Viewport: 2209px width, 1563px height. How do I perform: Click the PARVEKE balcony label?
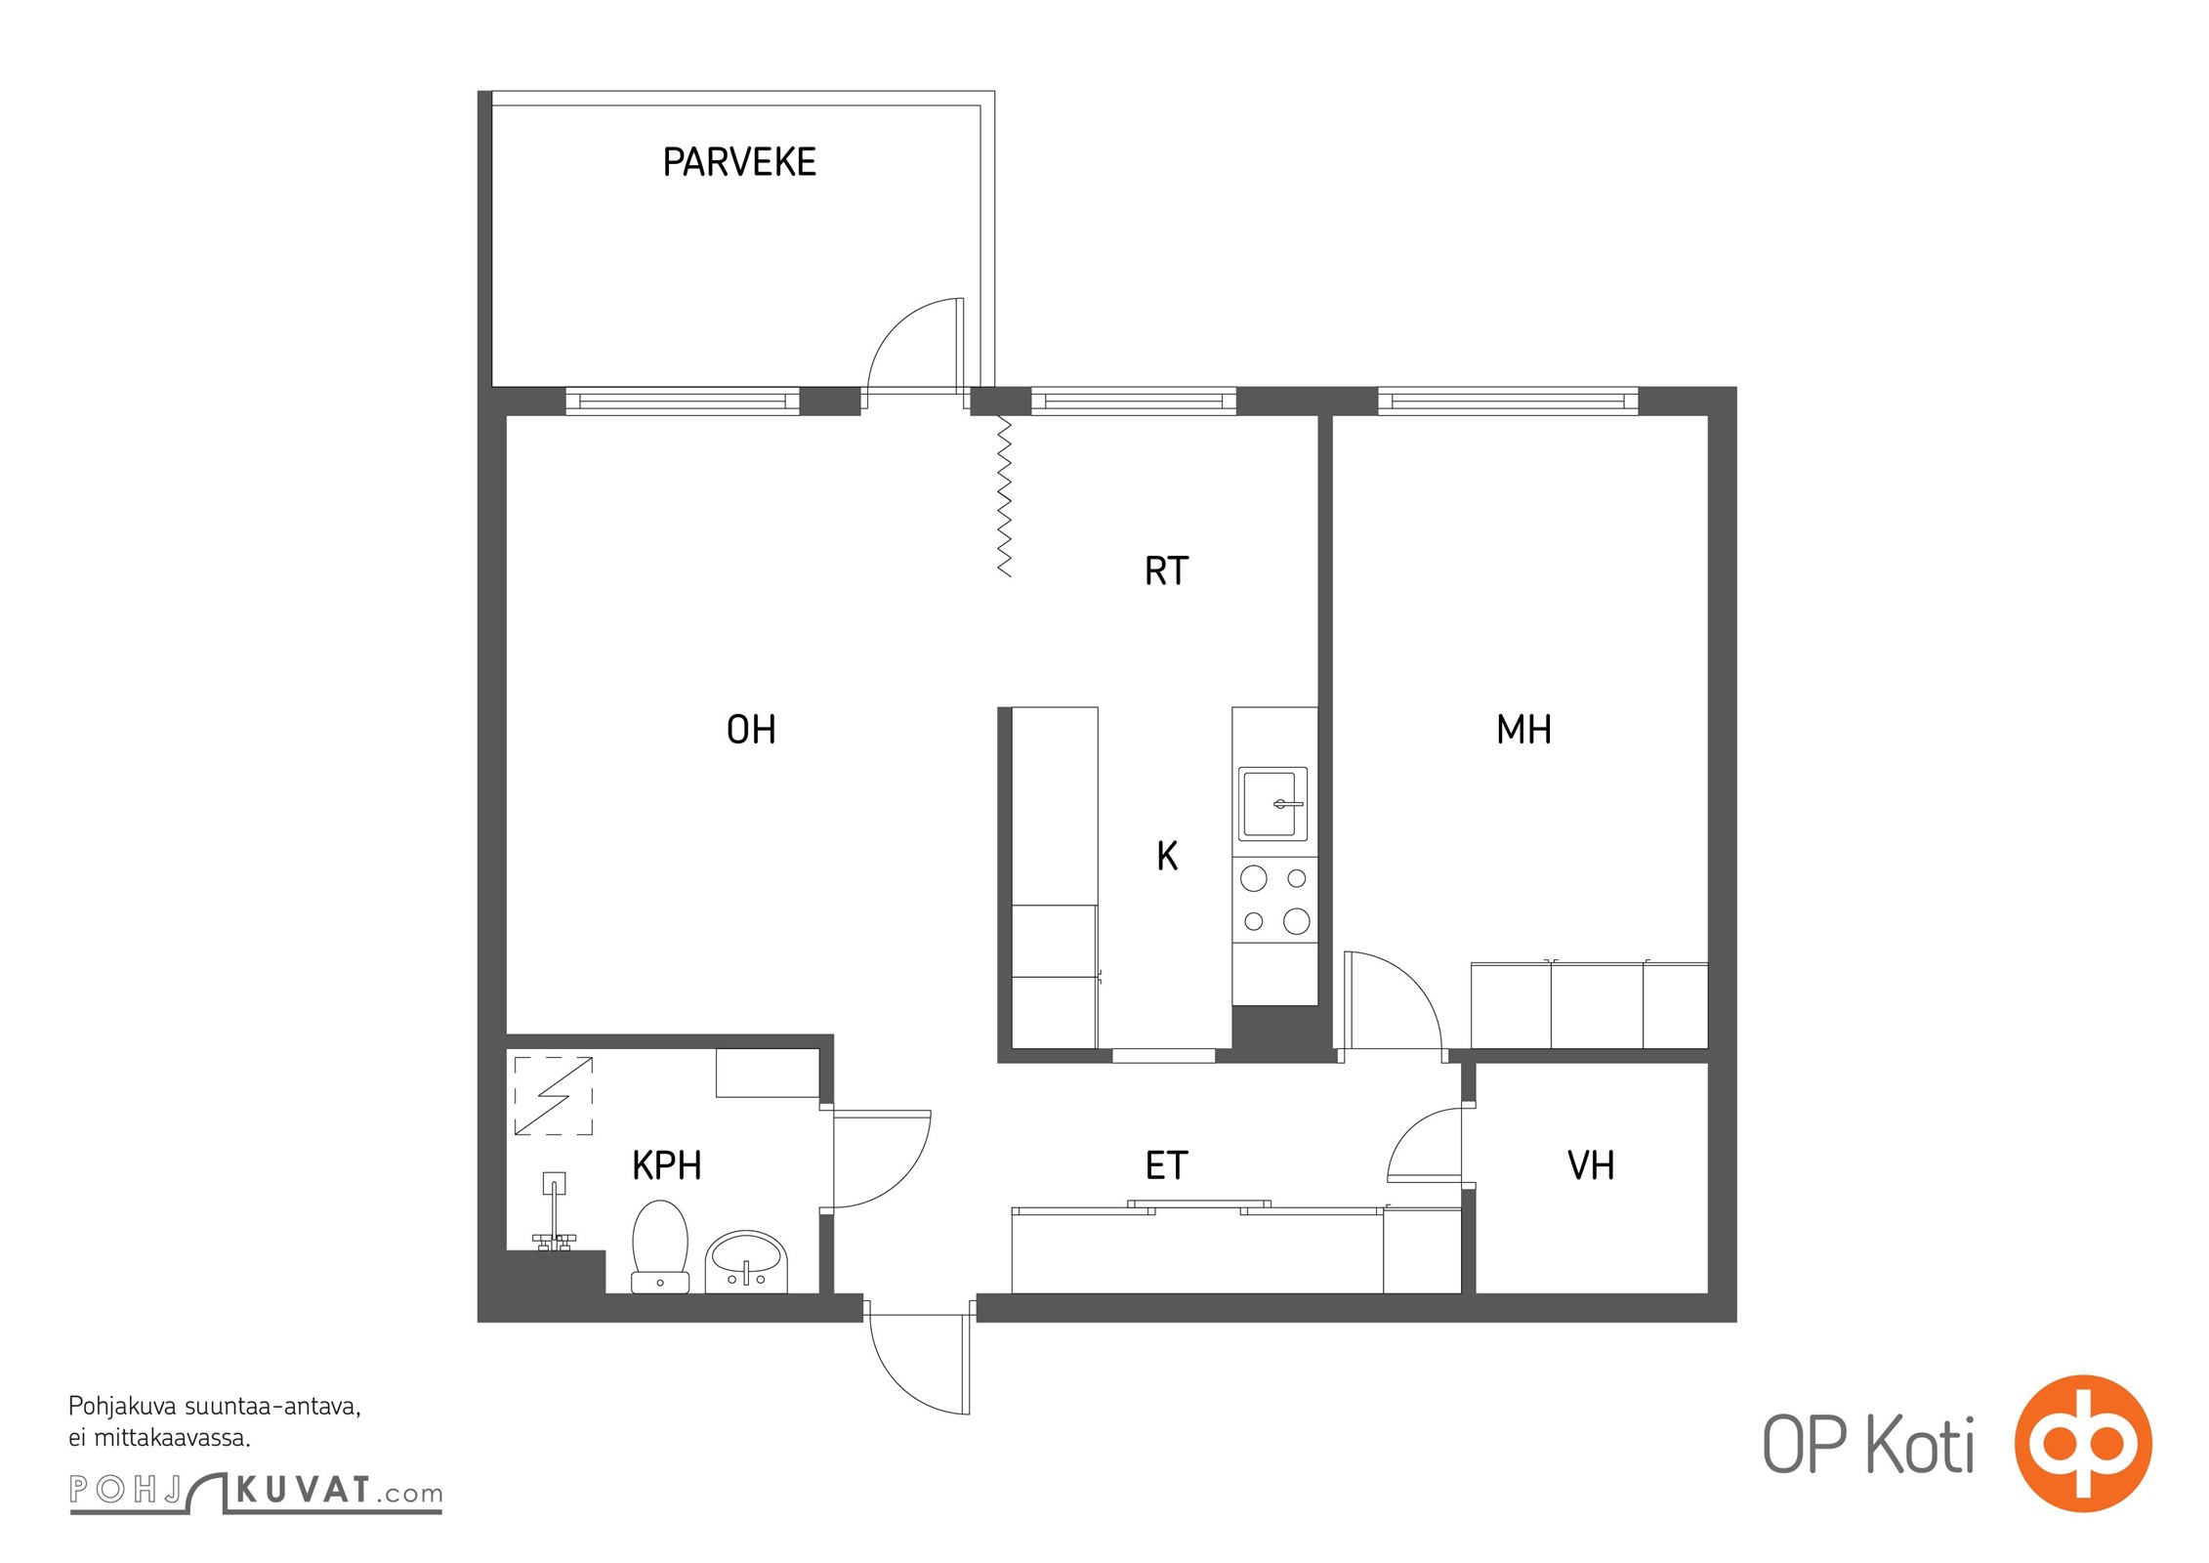click(x=739, y=162)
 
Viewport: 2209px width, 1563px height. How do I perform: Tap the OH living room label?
click(x=751, y=730)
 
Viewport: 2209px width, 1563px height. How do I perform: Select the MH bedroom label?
click(x=1523, y=730)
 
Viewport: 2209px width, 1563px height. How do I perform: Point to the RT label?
click(x=1166, y=570)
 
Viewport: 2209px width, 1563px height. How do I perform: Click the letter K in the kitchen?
click(x=1167, y=856)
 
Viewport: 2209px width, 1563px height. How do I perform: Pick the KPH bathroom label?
click(x=667, y=1165)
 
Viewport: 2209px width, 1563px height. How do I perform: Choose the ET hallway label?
click(x=1166, y=1165)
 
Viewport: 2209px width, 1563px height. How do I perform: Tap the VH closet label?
click(x=1591, y=1165)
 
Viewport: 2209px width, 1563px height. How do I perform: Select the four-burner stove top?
click(x=1274, y=900)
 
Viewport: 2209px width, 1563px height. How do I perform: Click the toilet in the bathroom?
click(x=660, y=1246)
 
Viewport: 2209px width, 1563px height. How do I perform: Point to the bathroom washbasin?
click(x=746, y=1261)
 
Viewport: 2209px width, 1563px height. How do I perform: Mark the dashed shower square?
click(x=554, y=1096)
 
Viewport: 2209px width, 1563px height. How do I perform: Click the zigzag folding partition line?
click(x=1004, y=496)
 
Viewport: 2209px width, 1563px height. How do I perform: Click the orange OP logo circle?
click(x=2083, y=1443)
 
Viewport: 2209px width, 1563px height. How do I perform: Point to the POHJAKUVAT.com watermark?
click(x=256, y=1492)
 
